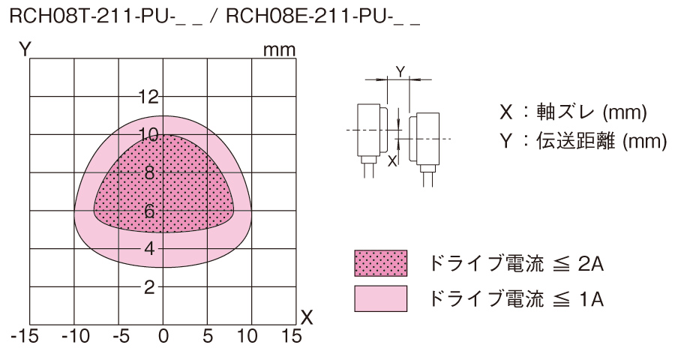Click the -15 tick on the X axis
(24, 336)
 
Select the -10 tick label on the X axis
(75, 336)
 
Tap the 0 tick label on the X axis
(163, 336)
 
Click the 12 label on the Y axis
(148, 97)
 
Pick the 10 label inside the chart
(148, 135)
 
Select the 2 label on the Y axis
(149, 286)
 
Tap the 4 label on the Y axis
(149, 248)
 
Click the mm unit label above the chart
(280, 50)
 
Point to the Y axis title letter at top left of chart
(25, 49)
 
